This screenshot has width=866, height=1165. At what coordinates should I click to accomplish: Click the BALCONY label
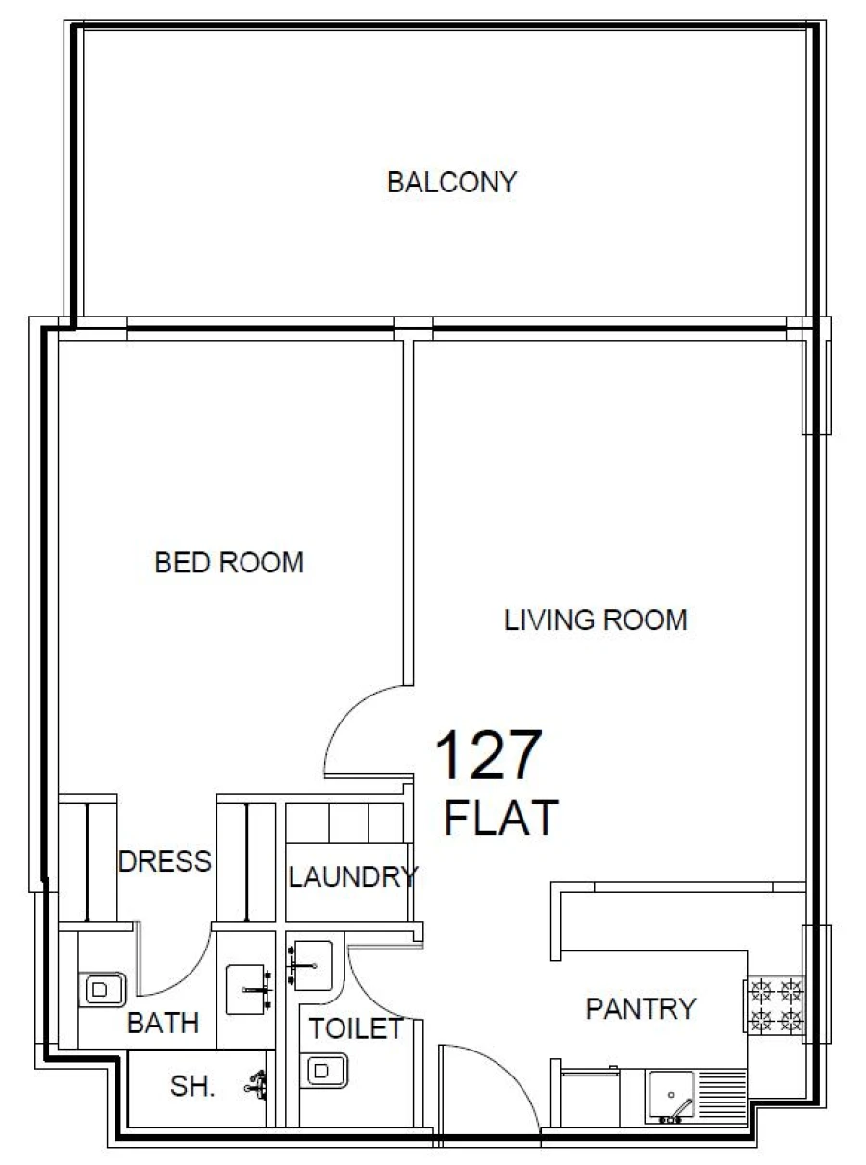point(451,182)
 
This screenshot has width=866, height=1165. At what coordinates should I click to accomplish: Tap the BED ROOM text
point(229,562)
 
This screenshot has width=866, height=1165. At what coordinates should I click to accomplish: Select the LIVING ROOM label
point(596,620)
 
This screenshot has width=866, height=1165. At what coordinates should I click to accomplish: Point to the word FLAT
point(500,818)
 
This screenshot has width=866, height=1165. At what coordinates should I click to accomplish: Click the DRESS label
point(165,861)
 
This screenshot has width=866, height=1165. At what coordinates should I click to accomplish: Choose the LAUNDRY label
point(352,876)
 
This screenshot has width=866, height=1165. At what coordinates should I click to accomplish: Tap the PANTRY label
point(640,1008)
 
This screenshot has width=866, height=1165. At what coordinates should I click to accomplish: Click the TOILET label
point(355,1028)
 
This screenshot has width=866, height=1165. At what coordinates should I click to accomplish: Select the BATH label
point(164,1023)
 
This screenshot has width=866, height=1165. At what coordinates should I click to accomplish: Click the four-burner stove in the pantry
point(776,1004)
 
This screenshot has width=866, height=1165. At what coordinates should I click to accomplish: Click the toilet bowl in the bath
point(101,988)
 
